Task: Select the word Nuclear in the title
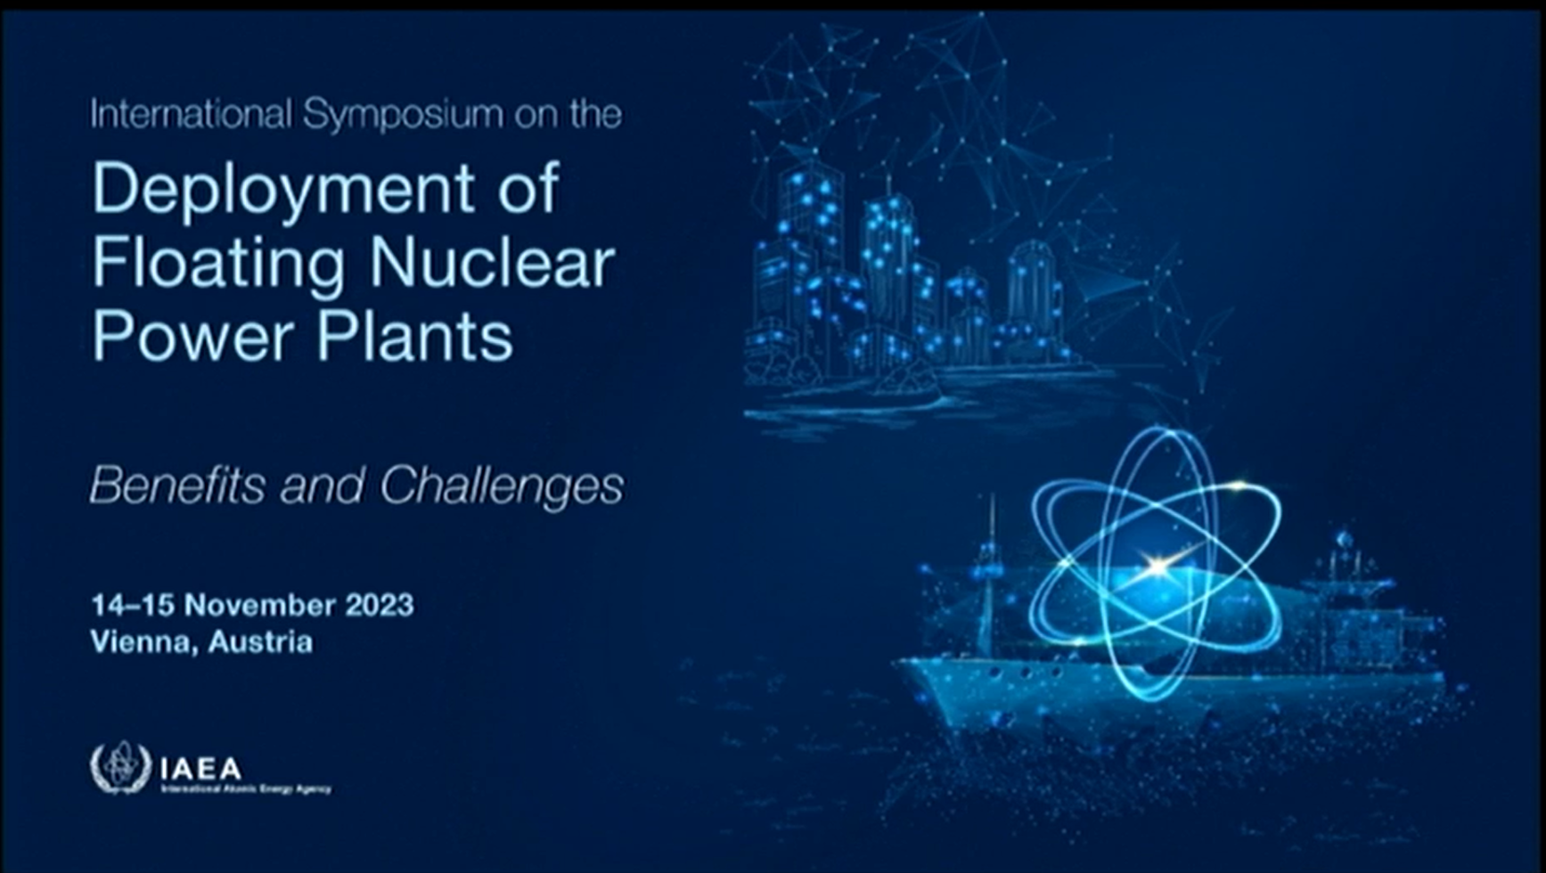[492, 263]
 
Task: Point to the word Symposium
[403, 115]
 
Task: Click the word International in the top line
[191, 115]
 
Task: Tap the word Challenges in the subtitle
[501, 485]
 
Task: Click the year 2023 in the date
[380, 605]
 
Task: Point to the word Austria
[260, 641]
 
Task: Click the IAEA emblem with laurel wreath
[121, 767]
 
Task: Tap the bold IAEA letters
[200, 767]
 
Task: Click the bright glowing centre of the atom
[1156, 565]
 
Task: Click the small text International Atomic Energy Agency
[246, 789]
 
